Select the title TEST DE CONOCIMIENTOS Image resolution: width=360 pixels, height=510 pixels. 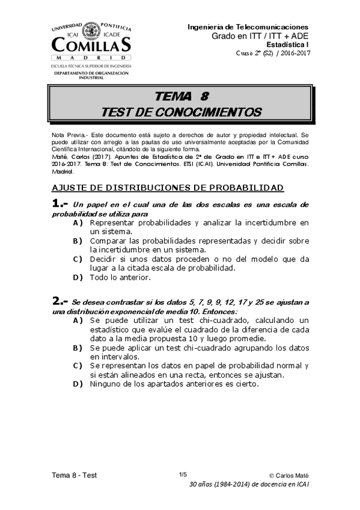pos(182,112)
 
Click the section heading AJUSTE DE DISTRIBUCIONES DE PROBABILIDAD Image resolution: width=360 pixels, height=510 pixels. pos(167,188)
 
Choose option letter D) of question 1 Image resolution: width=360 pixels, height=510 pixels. pos(78,277)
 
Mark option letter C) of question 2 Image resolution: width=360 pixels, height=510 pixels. pos(78,365)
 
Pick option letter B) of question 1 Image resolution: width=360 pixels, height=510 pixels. pos(78,241)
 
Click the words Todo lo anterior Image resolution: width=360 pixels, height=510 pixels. pos(120,277)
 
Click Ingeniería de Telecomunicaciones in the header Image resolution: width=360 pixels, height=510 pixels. pos(248,27)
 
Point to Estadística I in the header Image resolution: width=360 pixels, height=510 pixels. pos(287,45)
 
